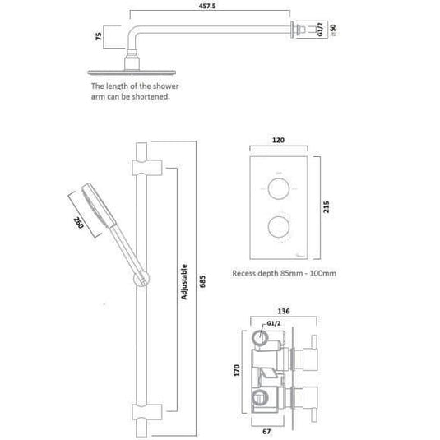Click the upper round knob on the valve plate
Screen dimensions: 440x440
(277, 188)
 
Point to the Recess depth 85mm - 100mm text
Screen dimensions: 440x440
(285, 273)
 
